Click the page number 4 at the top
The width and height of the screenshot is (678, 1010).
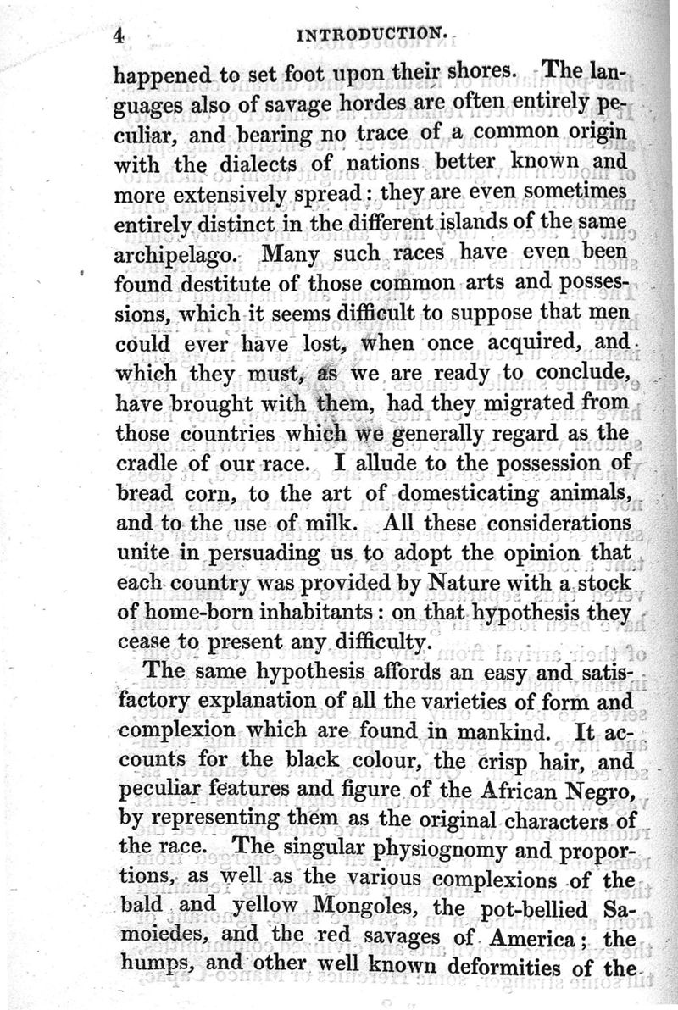[x=119, y=35]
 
